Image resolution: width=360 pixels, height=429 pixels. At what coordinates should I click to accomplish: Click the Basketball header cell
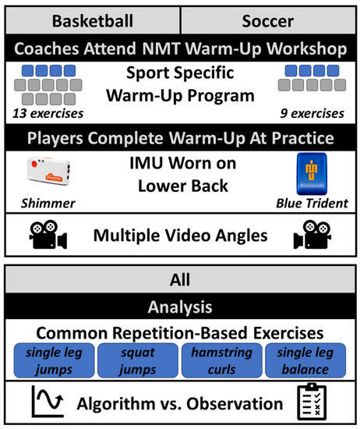tap(93, 21)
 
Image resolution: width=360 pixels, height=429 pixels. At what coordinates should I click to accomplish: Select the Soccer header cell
tap(268, 21)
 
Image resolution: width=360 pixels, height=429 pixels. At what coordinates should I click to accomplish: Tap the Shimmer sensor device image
tap(48, 171)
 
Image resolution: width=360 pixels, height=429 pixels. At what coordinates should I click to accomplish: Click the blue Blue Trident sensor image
tap(312, 174)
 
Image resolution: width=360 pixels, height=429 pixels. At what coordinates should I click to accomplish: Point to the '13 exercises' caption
tap(48, 113)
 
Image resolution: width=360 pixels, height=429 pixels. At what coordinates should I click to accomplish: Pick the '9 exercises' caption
tap(312, 113)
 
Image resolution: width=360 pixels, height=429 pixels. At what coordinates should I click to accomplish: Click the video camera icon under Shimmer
tap(48, 235)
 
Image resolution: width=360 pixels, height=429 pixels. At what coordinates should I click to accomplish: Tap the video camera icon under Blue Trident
tap(312, 235)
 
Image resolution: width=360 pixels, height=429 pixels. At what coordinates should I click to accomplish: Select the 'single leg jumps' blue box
tap(54, 360)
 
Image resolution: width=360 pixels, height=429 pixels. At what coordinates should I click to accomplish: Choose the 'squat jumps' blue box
tap(138, 360)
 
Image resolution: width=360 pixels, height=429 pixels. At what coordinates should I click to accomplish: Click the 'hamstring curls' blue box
tap(221, 360)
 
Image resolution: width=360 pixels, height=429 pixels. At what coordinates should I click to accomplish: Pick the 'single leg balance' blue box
tap(305, 360)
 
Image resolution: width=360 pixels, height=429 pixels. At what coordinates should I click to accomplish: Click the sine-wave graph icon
tap(48, 402)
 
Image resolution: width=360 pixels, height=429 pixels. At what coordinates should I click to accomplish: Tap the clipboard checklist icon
tap(312, 402)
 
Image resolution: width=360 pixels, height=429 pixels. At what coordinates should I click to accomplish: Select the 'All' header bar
tap(180, 279)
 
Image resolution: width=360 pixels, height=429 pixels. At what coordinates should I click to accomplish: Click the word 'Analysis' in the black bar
tap(180, 307)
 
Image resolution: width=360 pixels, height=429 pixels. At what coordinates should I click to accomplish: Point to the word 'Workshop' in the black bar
tap(307, 48)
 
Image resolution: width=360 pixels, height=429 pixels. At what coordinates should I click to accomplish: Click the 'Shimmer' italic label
tap(48, 204)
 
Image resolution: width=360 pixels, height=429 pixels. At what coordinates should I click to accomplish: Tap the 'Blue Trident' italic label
tap(312, 204)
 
